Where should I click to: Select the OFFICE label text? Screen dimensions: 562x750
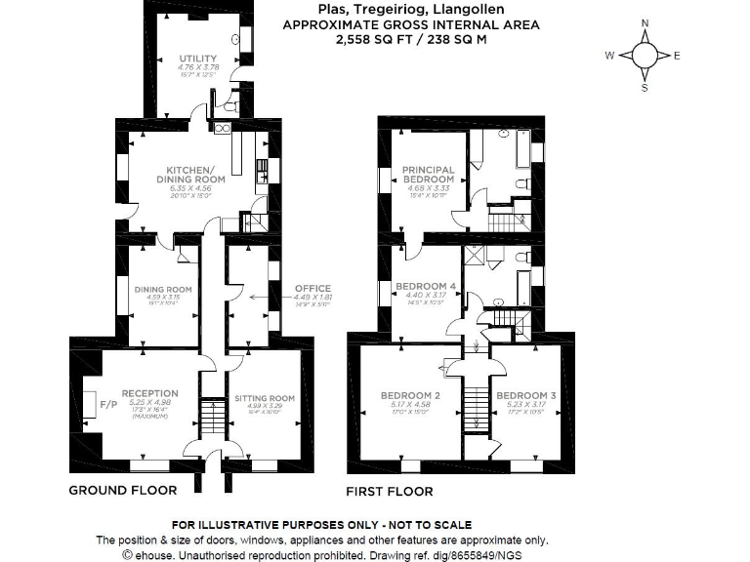tap(312, 288)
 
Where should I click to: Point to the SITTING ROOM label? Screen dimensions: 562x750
tap(264, 398)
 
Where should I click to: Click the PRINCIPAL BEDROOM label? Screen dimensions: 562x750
tap(428, 175)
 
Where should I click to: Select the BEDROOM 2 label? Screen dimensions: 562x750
tap(409, 395)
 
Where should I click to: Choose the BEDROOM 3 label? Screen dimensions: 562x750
tap(525, 395)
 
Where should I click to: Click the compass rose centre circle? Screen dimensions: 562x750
tap(645, 56)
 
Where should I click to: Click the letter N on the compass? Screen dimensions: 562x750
tap(645, 22)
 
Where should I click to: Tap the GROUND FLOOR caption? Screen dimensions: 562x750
tap(122, 490)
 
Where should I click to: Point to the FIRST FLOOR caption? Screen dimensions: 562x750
tap(390, 491)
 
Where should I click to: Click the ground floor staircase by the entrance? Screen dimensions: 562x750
tap(212, 417)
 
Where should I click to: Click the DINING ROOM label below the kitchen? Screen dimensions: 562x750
tap(162, 289)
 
